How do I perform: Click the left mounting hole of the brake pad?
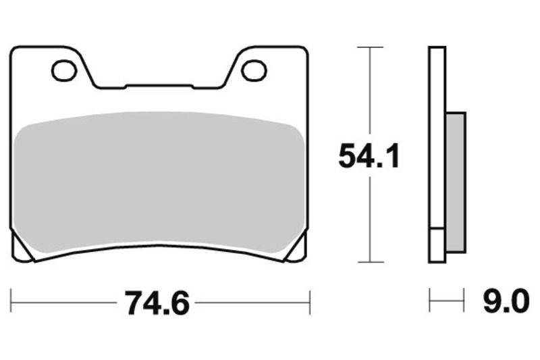tap(64, 70)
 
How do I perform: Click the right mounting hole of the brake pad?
tap(254, 70)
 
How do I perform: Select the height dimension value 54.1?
tap(369, 157)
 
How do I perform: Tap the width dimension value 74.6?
tap(156, 304)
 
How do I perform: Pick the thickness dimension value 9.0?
tap(506, 302)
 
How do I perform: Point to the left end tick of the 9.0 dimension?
tap(430, 300)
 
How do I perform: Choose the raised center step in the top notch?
tap(159, 86)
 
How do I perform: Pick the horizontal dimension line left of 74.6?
tap(64, 303)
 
